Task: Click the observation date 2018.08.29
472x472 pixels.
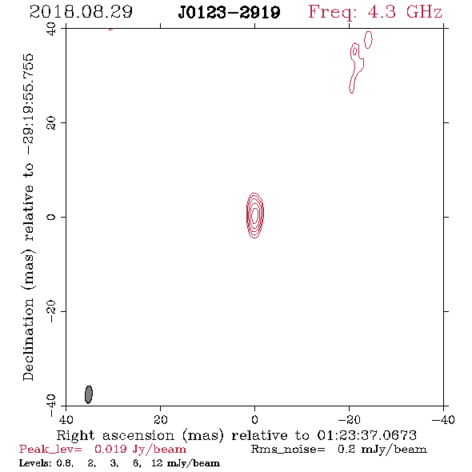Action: point(81,12)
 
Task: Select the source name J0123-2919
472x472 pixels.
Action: point(229,13)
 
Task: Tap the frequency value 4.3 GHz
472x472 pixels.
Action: point(405,12)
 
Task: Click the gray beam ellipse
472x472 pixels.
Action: point(89,394)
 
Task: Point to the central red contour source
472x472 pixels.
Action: point(254,215)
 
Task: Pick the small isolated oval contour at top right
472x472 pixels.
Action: point(368,39)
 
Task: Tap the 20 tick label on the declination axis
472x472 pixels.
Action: point(51,123)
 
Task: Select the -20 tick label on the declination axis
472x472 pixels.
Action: point(51,311)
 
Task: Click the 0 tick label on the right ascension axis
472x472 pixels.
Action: point(254,420)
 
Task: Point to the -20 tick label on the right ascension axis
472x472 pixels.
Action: point(349,420)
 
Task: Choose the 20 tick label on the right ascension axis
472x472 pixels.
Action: point(161,420)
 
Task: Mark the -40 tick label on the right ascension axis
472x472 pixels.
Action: point(443,420)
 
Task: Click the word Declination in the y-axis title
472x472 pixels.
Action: point(28,339)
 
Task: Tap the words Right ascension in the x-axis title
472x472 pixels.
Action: point(115,435)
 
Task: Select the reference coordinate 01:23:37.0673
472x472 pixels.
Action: point(367,435)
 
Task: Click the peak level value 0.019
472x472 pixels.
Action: point(110,449)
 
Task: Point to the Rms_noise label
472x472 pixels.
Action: point(288,449)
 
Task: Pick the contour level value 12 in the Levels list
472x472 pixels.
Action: point(157,463)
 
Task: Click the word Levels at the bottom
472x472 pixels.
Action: point(35,463)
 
